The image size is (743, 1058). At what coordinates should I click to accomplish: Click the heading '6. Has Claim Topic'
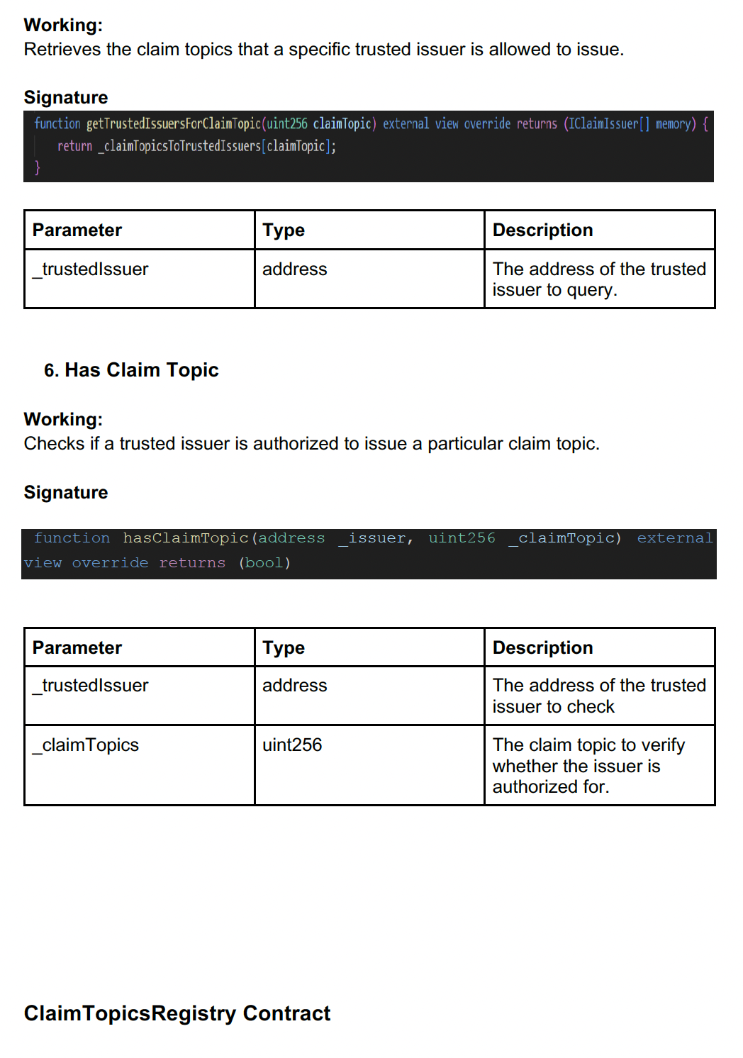tap(131, 370)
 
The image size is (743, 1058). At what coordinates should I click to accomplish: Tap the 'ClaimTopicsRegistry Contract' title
tap(177, 1013)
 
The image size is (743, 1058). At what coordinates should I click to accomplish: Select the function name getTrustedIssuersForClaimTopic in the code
tap(174, 124)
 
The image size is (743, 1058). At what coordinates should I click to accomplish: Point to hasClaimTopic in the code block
tap(185, 538)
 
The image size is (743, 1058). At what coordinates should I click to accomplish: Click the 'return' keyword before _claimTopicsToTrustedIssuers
tap(74, 146)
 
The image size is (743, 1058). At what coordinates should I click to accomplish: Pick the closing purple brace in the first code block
tap(38, 167)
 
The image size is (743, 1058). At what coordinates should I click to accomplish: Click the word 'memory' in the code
tap(673, 124)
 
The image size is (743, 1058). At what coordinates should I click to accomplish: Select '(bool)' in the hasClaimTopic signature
tap(264, 563)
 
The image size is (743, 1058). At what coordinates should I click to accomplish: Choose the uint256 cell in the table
tap(292, 745)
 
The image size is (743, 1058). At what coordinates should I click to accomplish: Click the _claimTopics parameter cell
tap(86, 745)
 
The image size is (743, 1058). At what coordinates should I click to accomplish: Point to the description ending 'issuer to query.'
tap(599, 279)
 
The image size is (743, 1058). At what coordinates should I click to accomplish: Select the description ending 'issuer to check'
tap(599, 696)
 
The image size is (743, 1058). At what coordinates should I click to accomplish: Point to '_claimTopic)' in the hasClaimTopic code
tap(564, 538)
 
